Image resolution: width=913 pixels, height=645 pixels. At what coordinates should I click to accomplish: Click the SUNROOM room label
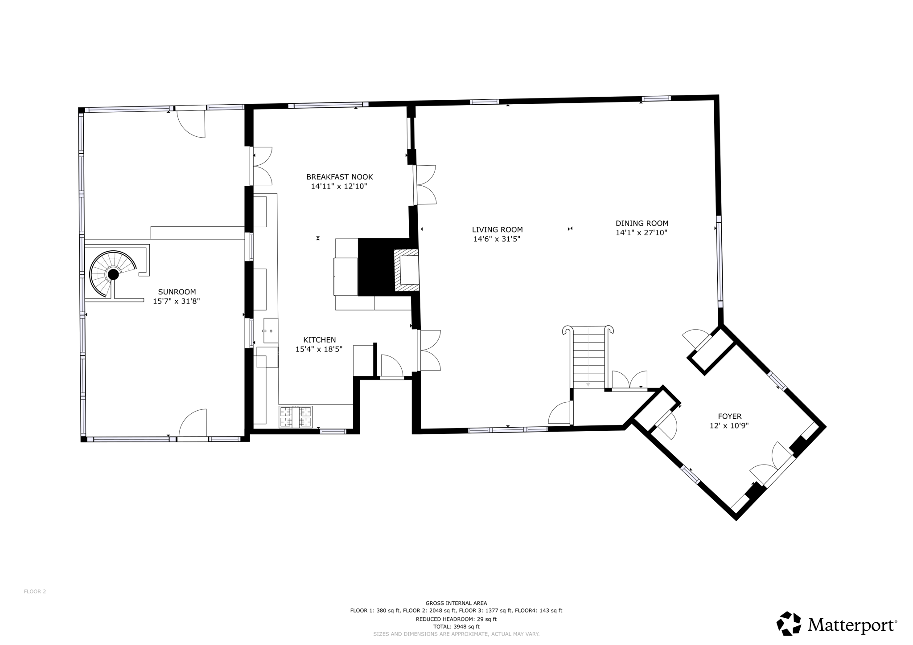[177, 292]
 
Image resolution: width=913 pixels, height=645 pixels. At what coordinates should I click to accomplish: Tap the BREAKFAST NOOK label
[339, 177]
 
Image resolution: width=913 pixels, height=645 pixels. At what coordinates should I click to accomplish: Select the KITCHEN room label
[320, 340]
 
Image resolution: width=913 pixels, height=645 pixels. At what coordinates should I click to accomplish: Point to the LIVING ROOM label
[497, 230]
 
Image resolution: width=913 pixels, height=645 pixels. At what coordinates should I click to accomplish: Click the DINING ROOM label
[642, 224]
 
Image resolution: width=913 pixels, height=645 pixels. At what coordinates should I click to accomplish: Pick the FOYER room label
[730, 416]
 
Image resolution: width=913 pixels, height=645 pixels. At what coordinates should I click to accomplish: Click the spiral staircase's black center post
[113, 274]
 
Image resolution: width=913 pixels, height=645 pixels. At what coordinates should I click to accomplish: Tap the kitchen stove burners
[296, 417]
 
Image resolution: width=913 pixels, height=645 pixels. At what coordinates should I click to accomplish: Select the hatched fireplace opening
[406, 271]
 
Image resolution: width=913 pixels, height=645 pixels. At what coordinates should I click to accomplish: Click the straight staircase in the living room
[588, 357]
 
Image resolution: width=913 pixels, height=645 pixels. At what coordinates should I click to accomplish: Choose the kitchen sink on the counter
[271, 331]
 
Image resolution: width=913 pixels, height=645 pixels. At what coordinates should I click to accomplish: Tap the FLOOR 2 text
[35, 592]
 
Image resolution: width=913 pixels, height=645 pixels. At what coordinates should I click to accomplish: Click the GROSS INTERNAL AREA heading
[456, 603]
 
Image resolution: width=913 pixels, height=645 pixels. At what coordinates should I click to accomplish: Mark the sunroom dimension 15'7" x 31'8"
[177, 301]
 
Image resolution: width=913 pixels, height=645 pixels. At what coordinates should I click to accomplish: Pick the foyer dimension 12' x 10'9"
[729, 426]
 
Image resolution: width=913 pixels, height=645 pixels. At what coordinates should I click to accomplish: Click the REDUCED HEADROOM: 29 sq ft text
[456, 619]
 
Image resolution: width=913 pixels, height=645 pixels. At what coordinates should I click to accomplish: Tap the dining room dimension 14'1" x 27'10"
[642, 233]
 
